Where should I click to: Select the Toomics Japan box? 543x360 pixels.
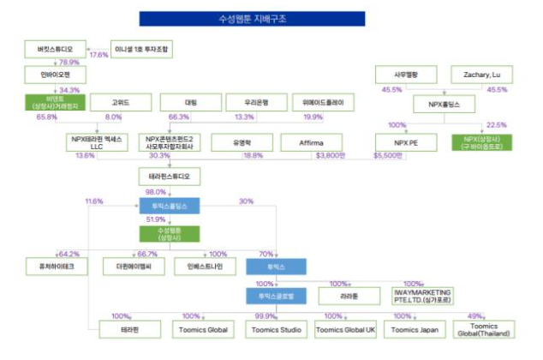415,329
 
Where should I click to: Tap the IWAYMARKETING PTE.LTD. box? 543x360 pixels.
421,296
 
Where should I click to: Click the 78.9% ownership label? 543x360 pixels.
69,62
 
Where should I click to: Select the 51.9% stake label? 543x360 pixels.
156,219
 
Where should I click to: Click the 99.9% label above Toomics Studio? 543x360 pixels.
266,316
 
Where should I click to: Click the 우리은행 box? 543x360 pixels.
251,103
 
